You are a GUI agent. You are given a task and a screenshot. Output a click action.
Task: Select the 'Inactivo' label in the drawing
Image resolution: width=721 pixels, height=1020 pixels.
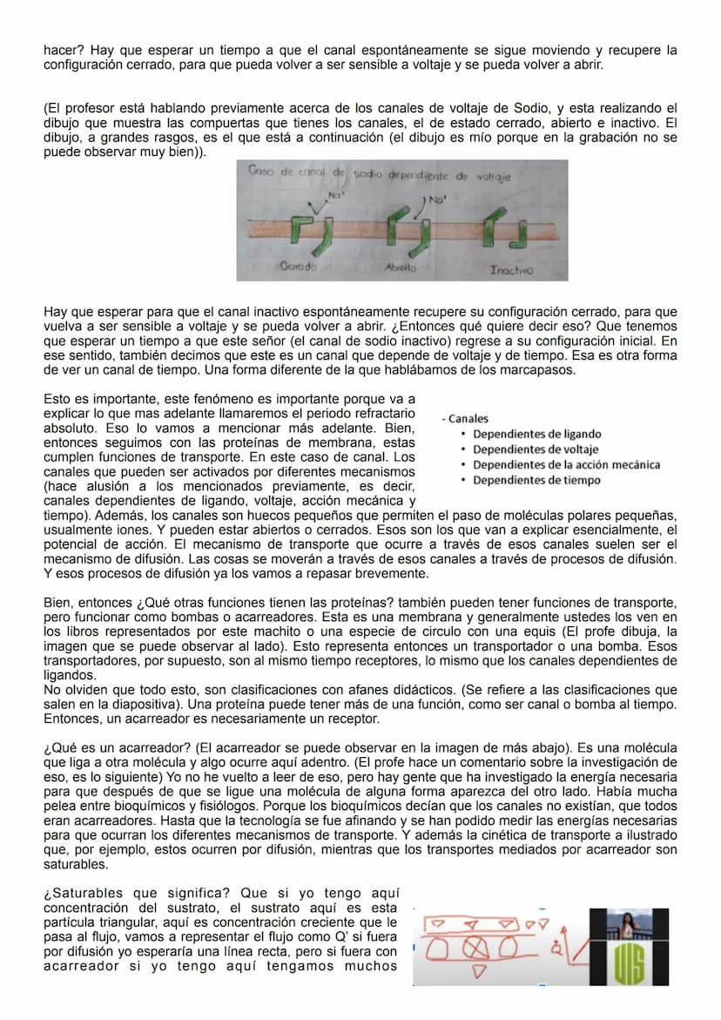point(512,271)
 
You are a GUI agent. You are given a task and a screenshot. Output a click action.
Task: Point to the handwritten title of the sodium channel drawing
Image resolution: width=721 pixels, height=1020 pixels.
point(380,175)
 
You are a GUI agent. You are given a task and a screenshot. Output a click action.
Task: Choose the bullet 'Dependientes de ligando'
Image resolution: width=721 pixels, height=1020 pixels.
point(536,434)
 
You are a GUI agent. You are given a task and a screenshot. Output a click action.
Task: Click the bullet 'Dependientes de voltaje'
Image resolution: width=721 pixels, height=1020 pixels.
point(536,449)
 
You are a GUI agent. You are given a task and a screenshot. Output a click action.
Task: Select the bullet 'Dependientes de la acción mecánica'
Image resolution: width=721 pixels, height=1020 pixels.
point(566,465)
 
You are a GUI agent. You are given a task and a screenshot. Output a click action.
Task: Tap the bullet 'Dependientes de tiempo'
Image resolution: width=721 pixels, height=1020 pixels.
point(536,480)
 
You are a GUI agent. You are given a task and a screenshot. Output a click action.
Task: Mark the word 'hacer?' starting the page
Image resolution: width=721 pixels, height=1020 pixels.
point(64,51)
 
